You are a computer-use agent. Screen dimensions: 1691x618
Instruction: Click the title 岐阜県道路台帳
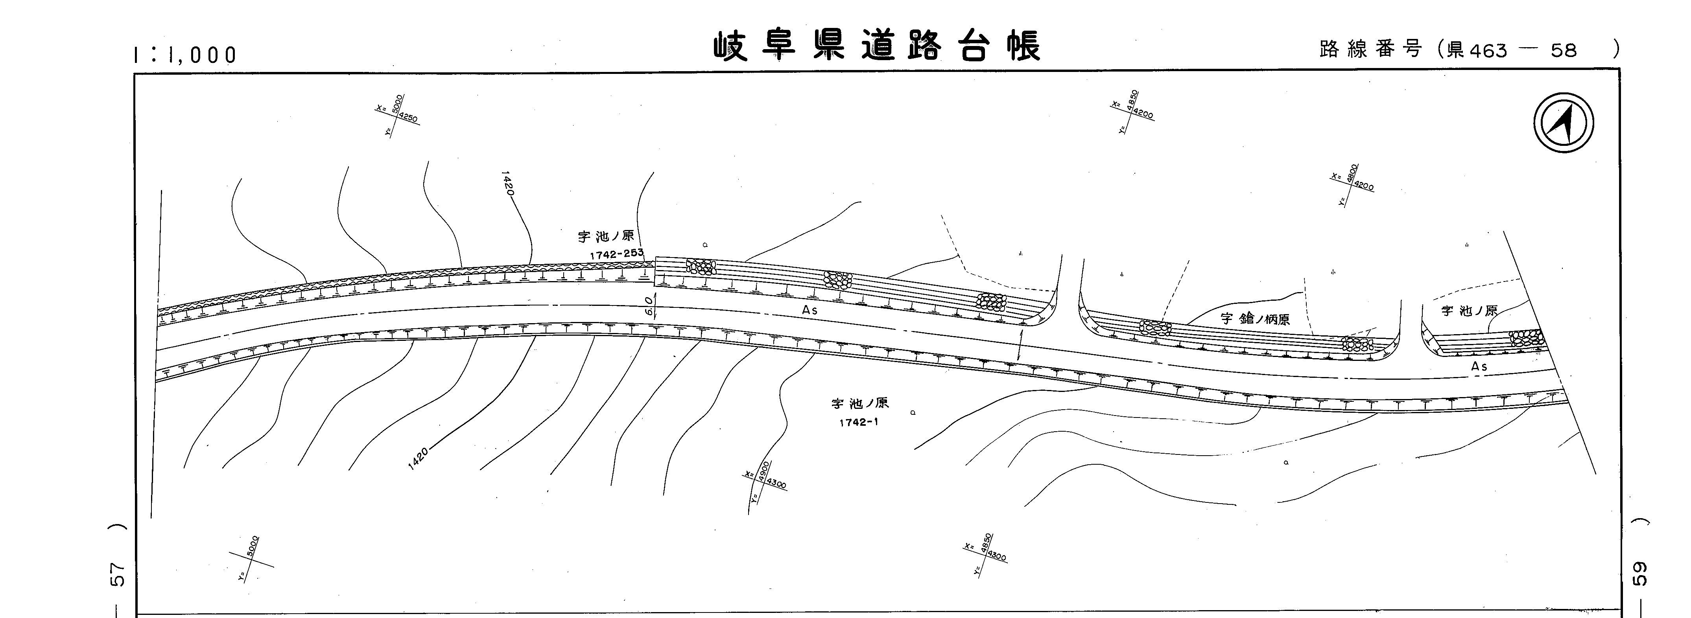tap(877, 46)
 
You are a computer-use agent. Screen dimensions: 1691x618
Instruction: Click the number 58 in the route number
tap(1563, 50)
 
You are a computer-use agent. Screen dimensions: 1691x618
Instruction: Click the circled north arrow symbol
tap(1564, 123)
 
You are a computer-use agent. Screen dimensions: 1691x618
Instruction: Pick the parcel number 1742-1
tap(859, 423)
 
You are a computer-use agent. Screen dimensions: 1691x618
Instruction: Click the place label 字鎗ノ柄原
tap(1255, 319)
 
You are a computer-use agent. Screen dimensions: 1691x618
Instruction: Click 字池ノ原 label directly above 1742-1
tap(860, 403)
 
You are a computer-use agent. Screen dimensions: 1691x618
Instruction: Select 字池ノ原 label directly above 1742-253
tap(605, 236)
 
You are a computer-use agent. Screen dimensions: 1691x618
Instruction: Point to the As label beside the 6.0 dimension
tap(810, 310)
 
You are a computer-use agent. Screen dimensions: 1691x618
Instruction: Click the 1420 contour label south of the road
tap(418, 458)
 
